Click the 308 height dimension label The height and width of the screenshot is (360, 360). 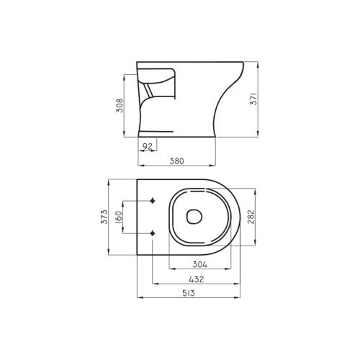point(120,105)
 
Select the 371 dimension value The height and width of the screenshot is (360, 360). point(253,99)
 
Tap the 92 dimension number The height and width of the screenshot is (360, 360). point(148,146)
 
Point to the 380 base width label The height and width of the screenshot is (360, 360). point(176,161)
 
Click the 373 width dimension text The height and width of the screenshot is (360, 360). point(104,217)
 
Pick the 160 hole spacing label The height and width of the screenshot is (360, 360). point(119,217)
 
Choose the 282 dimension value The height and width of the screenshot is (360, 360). point(251,217)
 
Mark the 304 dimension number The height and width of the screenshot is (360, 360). point(199,264)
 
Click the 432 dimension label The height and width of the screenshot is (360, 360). point(197,279)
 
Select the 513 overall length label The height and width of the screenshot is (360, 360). point(189,293)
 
